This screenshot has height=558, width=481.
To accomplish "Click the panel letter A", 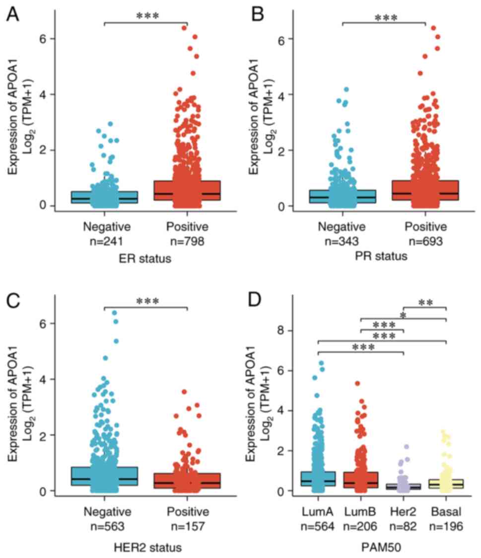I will pyautogui.click(x=13, y=15).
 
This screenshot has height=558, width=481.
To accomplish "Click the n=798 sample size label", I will pyautogui.click(x=187, y=242).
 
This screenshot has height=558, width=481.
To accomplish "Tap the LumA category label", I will pyautogui.click(x=318, y=512).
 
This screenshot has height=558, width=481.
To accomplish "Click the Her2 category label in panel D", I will pyautogui.click(x=404, y=512).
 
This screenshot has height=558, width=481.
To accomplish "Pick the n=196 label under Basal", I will pyautogui.click(x=446, y=526).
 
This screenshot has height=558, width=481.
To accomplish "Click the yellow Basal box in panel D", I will pyautogui.click(x=446, y=483).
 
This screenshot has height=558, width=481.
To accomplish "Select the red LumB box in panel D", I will pyautogui.click(x=361, y=480).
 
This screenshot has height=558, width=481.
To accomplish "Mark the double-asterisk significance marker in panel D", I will pyautogui.click(x=425, y=303).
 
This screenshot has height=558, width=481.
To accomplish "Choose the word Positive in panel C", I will pyautogui.click(x=187, y=512).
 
